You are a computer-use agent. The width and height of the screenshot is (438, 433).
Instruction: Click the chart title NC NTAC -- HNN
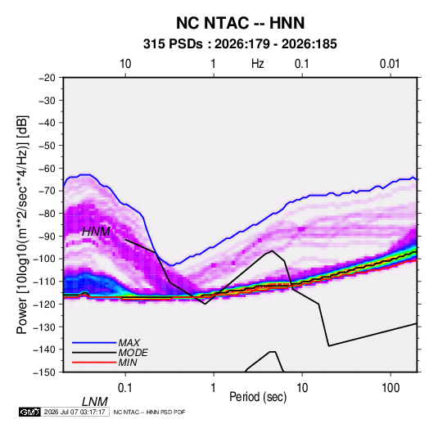240,23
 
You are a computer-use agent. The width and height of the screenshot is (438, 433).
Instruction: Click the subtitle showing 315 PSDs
240,44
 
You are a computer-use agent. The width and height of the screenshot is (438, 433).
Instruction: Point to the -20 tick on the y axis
47,78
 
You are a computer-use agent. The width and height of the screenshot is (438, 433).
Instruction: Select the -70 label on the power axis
47,191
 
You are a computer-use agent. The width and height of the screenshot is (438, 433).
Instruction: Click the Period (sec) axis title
258,397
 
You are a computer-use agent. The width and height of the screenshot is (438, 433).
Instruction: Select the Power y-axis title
22,225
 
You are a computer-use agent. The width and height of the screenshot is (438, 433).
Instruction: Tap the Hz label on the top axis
258,64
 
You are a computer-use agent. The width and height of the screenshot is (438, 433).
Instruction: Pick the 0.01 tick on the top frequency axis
390,64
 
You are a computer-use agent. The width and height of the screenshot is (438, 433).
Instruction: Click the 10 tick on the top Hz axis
125,64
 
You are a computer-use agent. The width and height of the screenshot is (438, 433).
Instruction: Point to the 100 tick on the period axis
391,388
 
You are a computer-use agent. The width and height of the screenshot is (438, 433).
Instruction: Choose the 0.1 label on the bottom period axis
125,388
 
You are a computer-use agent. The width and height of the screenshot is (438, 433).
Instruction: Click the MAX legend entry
129,343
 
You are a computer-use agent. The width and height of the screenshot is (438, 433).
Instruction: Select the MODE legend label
133,353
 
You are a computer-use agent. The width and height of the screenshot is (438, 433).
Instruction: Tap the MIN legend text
128,363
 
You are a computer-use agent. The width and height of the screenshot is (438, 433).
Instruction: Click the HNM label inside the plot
96,232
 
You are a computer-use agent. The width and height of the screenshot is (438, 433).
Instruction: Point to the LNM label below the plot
95,402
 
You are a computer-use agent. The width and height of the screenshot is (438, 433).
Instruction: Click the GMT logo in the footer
29,412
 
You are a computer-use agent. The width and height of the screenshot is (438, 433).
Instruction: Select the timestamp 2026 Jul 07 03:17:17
75,412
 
